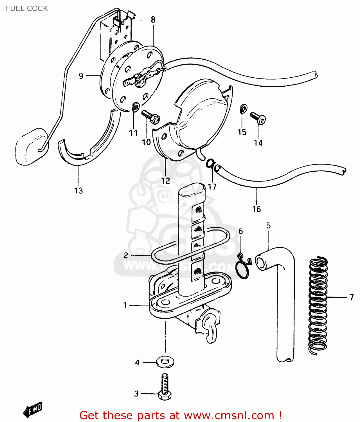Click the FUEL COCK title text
coord(27,8)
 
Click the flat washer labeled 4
coord(165,362)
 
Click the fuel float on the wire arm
coord(31,146)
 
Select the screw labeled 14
coord(258,118)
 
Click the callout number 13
coord(78,190)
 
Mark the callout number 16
coord(256,209)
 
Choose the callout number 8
coord(153,19)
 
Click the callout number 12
coord(165,181)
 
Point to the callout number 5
coord(268,225)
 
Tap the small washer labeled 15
coord(243,109)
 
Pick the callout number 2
coord(126,255)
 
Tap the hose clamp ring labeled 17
coord(210,163)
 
